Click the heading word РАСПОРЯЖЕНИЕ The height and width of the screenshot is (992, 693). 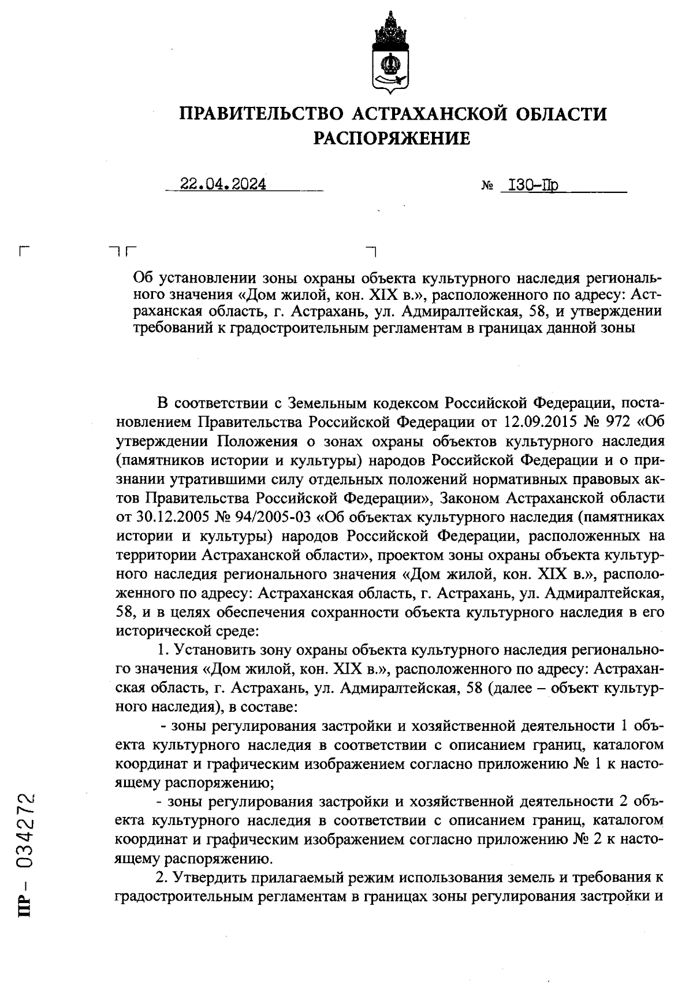pos(392,139)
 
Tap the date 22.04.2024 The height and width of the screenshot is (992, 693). pos(223,184)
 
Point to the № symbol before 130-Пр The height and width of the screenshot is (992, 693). pos(486,187)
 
